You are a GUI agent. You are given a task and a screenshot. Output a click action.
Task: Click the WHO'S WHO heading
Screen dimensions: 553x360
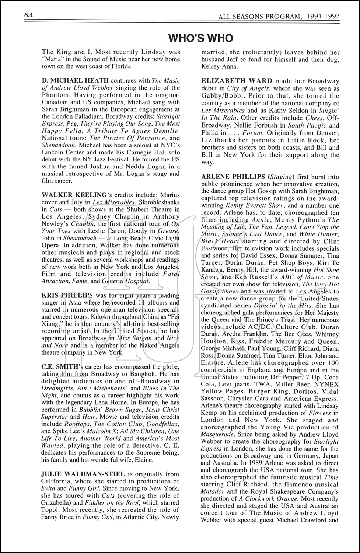click(200, 38)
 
